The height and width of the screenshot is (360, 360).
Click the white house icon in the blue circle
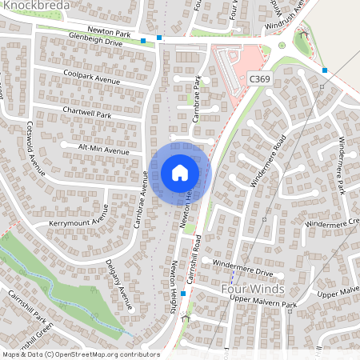[x=179, y=172]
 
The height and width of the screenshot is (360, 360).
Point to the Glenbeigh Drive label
[x=95, y=38]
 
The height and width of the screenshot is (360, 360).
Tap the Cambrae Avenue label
[x=142, y=200]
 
